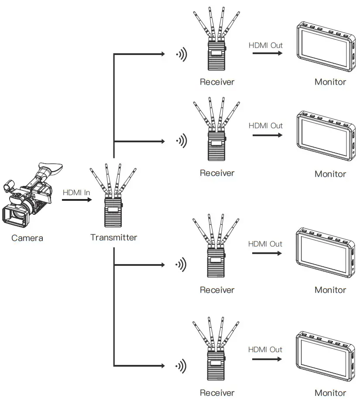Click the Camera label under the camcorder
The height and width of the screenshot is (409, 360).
click(27, 238)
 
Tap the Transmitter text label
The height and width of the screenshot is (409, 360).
click(113, 237)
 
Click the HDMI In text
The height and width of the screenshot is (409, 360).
click(76, 192)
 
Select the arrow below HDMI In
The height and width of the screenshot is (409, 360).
click(76, 200)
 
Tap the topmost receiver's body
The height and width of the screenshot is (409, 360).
click(217, 56)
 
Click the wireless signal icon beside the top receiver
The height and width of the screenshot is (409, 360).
click(181, 55)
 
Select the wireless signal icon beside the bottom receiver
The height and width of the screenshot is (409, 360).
click(181, 366)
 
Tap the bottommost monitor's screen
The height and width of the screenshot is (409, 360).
click(324, 356)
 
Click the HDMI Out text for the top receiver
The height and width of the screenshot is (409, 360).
click(265, 45)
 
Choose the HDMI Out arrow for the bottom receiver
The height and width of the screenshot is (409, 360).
click(267, 359)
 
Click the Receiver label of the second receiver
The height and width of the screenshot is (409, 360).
click(217, 173)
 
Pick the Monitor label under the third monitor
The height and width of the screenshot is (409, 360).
click(330, 290)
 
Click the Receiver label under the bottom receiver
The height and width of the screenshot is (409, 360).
click(217, 393)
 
